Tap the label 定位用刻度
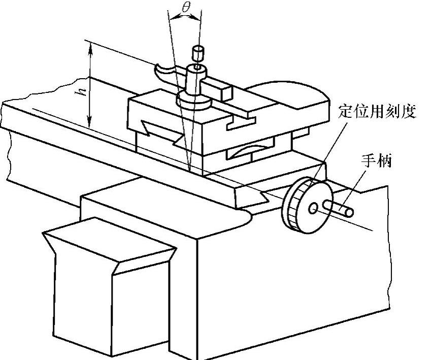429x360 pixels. [x=377, y=112]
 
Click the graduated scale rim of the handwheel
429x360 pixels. [x=293, y=205]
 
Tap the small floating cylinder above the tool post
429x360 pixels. [x=197, y=52]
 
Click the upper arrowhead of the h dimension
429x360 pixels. [x=90, y=48]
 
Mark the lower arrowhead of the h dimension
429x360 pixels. [x=90, y=124]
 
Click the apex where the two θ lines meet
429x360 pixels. [x=188, y=170]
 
